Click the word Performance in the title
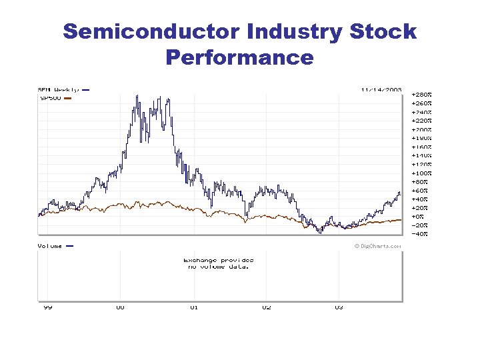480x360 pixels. [239, 57]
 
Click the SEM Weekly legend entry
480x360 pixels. [58, 89]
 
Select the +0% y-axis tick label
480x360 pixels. [418, 216]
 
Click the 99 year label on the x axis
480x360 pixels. [48, 307]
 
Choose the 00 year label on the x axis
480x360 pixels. [120, 307]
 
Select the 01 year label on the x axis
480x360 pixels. [194, 307]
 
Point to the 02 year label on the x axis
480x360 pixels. [267, 307]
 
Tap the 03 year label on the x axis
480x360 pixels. [339, 307]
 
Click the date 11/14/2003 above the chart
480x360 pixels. [381, 89]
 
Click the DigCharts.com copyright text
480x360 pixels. [378, 246]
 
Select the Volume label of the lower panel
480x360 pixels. [50, 246]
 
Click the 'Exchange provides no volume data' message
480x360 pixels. [218, 263]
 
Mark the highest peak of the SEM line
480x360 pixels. [137, 96]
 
